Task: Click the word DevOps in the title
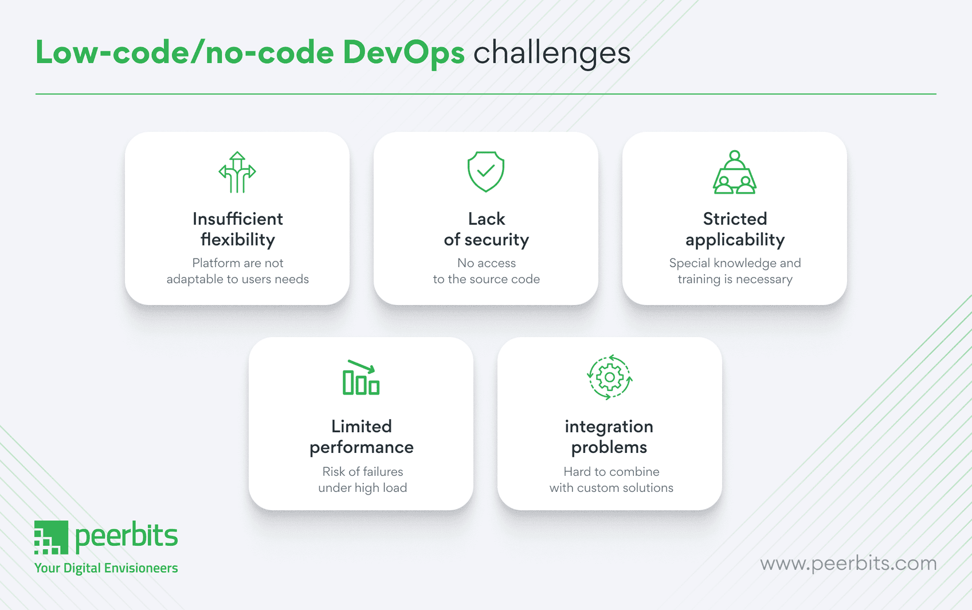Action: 403,53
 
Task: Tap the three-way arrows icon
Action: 237,172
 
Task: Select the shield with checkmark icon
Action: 486,171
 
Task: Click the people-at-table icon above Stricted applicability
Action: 735,172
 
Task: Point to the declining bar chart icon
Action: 361,378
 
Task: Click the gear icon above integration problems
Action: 609,377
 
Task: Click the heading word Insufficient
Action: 237,219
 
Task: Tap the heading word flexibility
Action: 237,240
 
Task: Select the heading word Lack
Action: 486,219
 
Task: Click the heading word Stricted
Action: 735,219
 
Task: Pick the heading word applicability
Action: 735,240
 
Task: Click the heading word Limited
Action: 361,427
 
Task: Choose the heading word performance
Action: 361,447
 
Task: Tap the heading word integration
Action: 609,427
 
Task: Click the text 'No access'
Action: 486,263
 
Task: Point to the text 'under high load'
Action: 362,488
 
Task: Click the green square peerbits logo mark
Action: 51,538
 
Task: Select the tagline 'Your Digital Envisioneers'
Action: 106,568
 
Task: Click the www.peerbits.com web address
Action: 848,564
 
